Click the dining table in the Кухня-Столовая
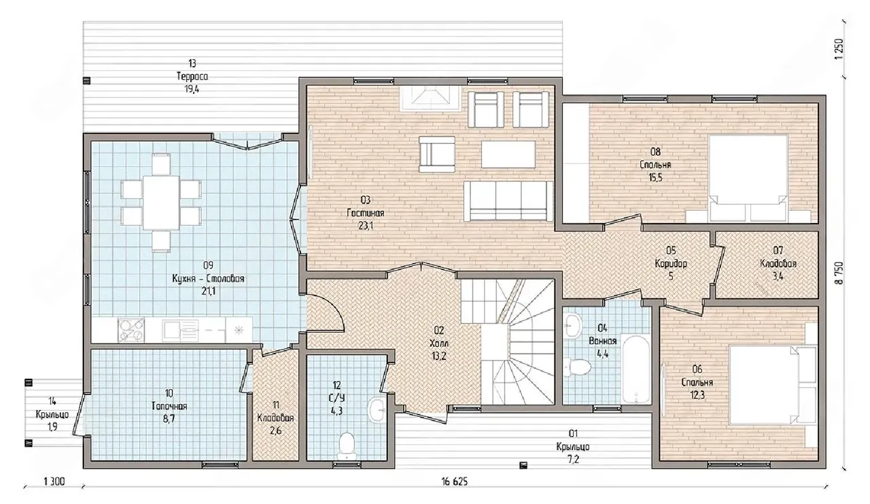[x=161, y=203]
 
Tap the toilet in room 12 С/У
[x=347, y=446]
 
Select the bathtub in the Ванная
[x=635, y=369]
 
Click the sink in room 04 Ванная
[x=573, y=325]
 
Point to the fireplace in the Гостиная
[x=430, y=97]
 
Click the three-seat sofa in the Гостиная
[x=508, y=201]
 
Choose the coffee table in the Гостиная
[x=508, y=154]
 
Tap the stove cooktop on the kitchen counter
[x=131, y=331]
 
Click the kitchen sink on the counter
[x=181, y=331]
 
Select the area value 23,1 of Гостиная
[x=366, y=226]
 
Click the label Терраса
[x=192, y=76]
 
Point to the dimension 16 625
[x=455, y=482]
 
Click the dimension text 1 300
[x=54, y=482]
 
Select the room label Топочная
[x=169, y=407]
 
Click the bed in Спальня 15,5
[x=748, y=178]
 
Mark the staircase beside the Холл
[x=508, y=342]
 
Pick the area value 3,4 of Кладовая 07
[x=778, y=277]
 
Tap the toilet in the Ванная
[x=578, y=367]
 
